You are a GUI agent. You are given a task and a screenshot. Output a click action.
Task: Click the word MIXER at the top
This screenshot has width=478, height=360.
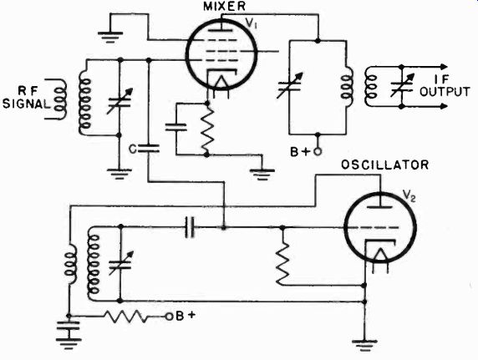(224, 7)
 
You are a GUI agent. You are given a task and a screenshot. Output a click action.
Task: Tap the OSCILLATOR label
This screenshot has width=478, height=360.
(384, 165)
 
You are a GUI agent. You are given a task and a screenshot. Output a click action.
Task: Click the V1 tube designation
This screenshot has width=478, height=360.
(252, 24)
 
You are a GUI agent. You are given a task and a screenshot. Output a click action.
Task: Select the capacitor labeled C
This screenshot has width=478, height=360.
(149, 149)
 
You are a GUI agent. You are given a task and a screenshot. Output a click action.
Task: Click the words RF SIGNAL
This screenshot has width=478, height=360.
(26, 98)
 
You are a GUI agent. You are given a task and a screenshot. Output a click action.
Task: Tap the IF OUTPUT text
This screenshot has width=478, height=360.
(445, 86)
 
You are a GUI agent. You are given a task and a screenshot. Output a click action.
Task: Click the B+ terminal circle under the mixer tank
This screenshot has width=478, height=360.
(318, 151)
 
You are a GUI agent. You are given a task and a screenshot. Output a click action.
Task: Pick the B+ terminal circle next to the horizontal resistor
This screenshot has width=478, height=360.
(169, 317)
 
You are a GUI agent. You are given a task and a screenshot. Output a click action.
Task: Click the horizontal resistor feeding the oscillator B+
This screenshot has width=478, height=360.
(127, 317)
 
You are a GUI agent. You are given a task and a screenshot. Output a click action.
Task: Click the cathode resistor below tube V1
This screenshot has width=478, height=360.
(207, 129)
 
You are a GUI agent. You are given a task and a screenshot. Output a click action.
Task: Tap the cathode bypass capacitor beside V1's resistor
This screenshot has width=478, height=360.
(175, 127)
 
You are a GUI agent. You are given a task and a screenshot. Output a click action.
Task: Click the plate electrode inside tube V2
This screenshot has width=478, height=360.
(380, 207)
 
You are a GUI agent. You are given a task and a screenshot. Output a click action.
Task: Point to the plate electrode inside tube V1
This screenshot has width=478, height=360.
(221, 30)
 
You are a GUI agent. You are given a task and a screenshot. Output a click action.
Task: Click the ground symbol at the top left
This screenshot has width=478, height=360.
(110, 37)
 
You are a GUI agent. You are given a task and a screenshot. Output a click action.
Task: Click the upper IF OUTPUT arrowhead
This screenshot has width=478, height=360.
(444, 67)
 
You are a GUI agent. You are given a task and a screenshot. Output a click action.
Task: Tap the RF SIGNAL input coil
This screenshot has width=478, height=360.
(60, 99)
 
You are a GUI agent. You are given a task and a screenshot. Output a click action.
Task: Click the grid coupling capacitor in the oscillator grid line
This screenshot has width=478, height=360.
(190, 227)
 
